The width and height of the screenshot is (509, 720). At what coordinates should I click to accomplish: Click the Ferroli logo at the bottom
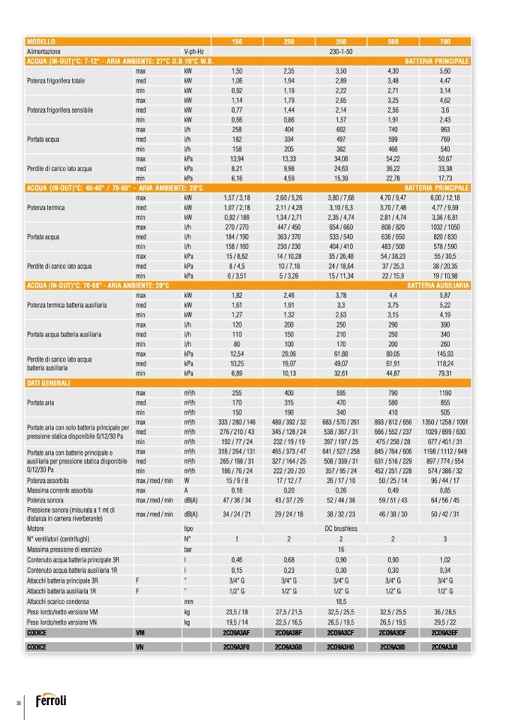click(x=50, y=700)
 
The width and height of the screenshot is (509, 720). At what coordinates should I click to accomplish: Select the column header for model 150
click(x=236, y=41)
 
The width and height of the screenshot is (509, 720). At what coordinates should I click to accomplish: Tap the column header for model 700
click(x=444, y=41)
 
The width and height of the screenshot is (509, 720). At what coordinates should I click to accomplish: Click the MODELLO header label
click(x=41, y=41)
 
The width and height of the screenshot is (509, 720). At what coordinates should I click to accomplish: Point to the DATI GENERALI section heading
click(x=48, y=383)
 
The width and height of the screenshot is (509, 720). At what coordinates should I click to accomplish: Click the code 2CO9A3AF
click(x=236, y=632)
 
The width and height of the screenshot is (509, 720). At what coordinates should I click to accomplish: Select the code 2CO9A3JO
click(x=444, y=646)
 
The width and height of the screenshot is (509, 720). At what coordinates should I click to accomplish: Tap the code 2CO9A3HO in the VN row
click(x=340, y=646)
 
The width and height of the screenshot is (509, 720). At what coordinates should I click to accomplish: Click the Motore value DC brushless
click(x=340, y=527)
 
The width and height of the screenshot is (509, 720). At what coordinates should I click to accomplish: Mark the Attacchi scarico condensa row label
click(x=57, y=601)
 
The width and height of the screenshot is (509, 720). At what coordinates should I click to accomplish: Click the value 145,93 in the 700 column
click(x=444, y=353)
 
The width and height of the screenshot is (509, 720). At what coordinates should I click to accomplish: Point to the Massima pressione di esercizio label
click(x=62, y=549)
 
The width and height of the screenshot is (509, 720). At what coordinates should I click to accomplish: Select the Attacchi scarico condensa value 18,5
click(x=340, y=601)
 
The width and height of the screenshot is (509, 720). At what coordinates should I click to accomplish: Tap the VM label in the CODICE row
click(x=139, y=632)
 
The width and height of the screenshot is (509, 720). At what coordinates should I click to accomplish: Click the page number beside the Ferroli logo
click(x=17, y=702)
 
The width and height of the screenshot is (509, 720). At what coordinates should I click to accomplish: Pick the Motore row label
click(x=35, y=527)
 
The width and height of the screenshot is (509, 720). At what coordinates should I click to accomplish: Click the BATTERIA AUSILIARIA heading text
click(x=438, y=285)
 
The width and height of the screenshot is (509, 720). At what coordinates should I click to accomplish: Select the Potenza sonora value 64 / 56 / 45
click(x=444, y=500)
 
